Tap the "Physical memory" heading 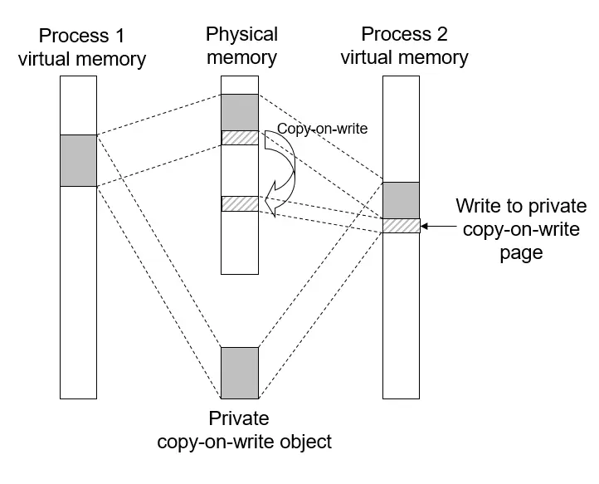(241, 46)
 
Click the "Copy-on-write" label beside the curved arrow (322, 130)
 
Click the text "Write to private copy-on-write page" (521, 228)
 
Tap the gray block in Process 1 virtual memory (79, 160)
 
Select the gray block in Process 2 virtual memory (402, 199)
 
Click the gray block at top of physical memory (240, 112)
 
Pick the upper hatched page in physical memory (240, 138)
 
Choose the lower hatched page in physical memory (240, 203)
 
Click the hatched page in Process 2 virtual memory (402, 225)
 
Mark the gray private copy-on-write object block (240, 373)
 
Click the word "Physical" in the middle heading (241, 35)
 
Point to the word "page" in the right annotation (521, 252)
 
